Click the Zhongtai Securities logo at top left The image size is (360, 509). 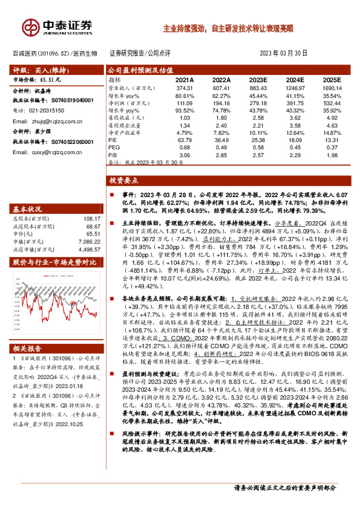(57, 26)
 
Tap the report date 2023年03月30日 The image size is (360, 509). (284, 53)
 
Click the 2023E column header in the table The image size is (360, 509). (258, 80)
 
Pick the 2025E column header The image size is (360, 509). (331, 80)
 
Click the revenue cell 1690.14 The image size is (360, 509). (331, 88)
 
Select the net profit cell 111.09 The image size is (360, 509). (185, 103)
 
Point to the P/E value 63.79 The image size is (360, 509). (185, 140)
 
